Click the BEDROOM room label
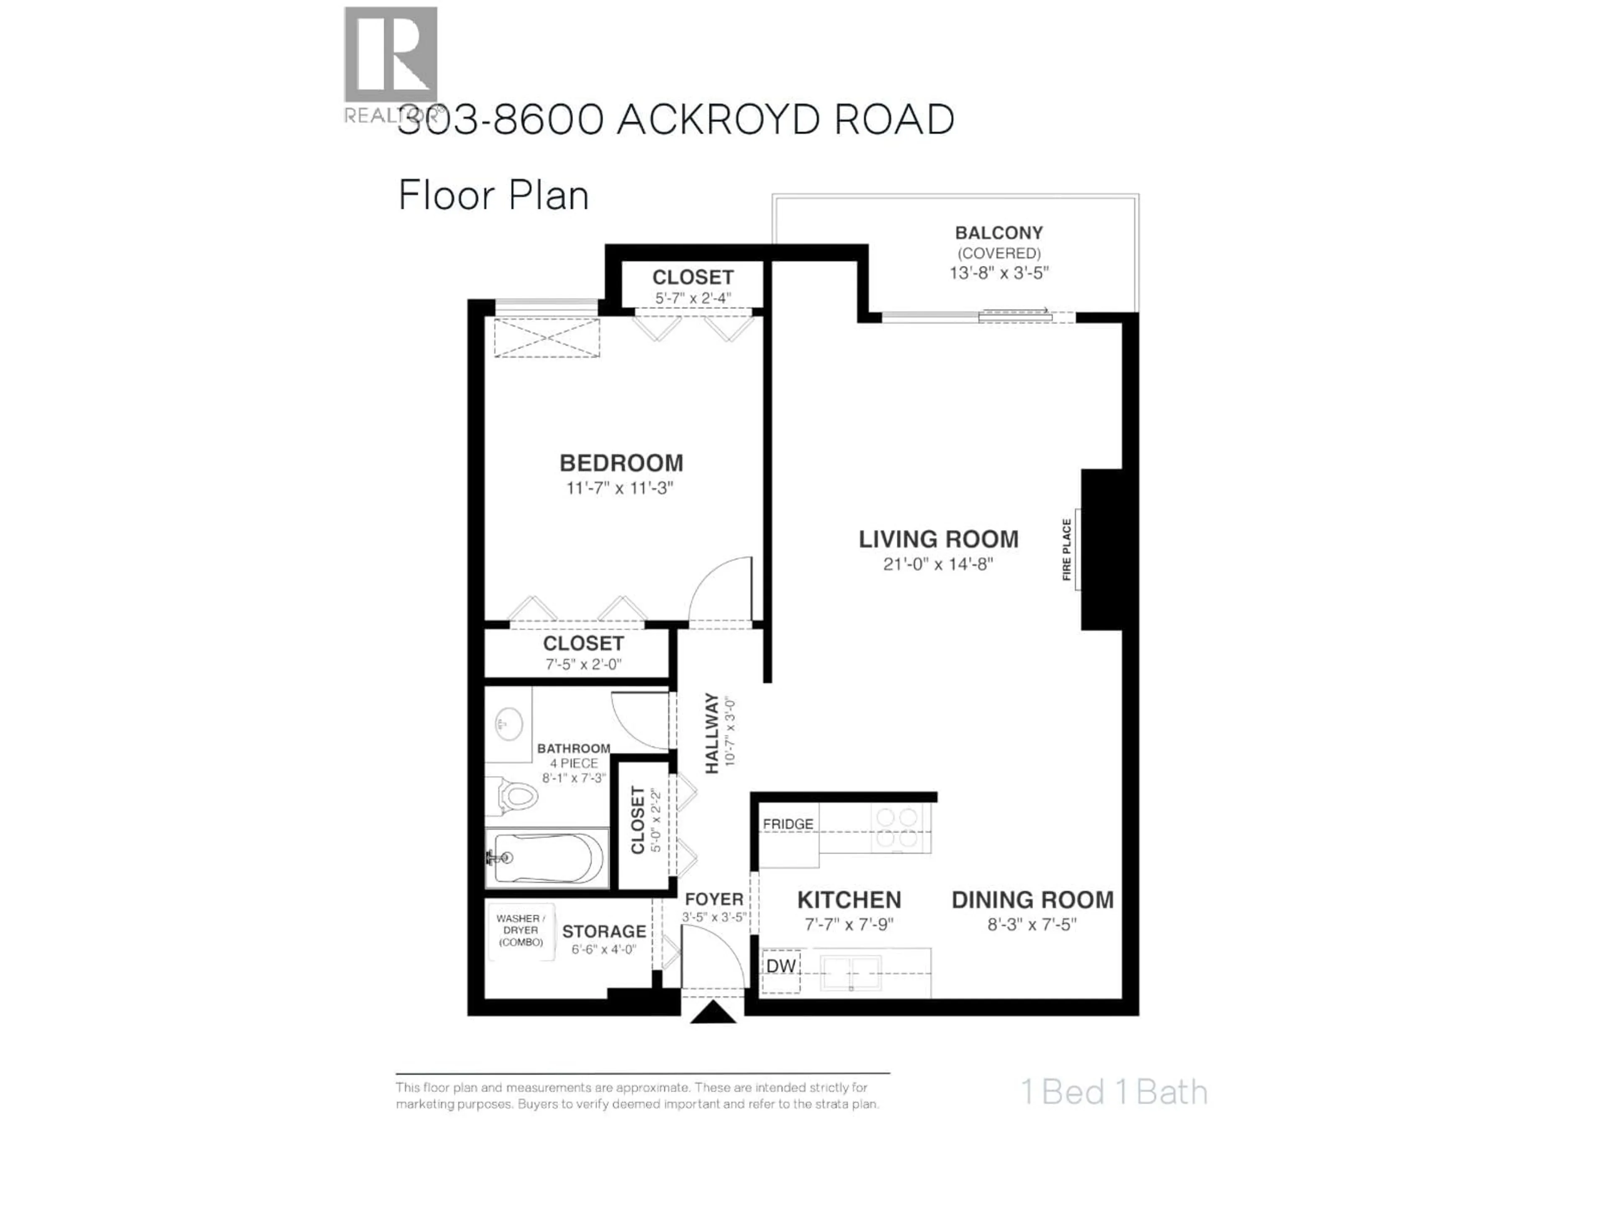tap(621, 463)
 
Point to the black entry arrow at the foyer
tap(713, 1013)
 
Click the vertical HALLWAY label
tap(711, 733)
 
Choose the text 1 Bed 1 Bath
tap(1114, 1092)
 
